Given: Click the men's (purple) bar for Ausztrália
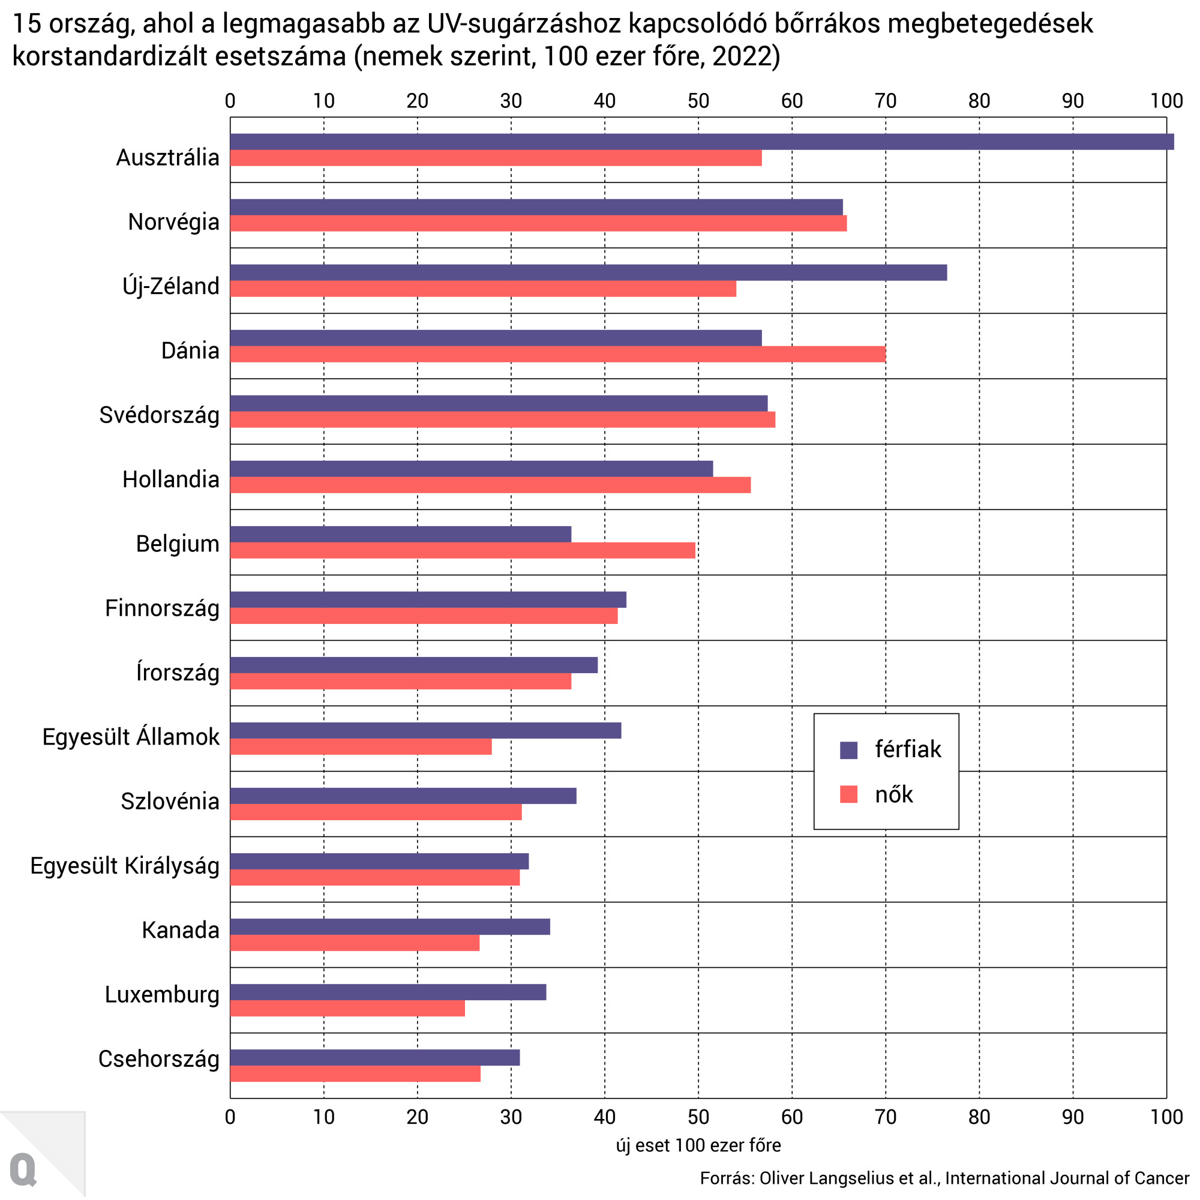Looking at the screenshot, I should tap(702, 142).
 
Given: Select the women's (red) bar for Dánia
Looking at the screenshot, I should tap(558, 354).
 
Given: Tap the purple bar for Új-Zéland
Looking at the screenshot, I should tap(588, 272).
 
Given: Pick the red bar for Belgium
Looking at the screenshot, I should tap(463, 550).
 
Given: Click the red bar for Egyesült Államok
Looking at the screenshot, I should tap(361, 746).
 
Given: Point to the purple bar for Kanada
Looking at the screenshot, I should tap(390, 927).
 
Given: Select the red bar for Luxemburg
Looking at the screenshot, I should tap(348, 1008).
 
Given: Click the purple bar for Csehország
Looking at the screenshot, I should tap(375, 1057).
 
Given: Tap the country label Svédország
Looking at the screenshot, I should tap(160, 415).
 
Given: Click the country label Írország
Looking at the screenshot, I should tap(178, 673).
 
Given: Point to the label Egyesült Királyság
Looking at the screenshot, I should tap(125, 865).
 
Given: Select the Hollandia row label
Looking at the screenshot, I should tap(171, 479).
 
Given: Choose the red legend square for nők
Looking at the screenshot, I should tap(848, 794).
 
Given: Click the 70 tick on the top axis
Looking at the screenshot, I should tap(886, 101).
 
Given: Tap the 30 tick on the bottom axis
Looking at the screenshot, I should tap(511, 1117).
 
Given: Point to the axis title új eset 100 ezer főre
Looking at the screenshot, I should tap(698, 1145).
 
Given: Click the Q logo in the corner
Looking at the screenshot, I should tap(23, 1169).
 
